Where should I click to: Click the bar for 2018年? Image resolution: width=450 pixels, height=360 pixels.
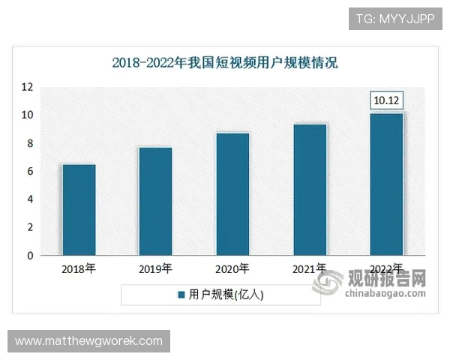tap(79, 210)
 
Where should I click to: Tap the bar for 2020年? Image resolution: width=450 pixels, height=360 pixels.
tap(232, 194)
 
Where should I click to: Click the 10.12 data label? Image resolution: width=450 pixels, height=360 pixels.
tap(387, 100)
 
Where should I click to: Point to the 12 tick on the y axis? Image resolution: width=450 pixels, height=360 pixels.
tap(28, 87)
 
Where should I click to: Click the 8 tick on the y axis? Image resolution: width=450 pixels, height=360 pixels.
tap(30, 143)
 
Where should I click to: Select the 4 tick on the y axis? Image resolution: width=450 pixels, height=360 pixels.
tap(30, 199)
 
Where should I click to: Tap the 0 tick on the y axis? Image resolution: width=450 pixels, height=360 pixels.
tap(30, 256)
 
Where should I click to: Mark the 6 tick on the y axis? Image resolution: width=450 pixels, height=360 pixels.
tap(30, 172)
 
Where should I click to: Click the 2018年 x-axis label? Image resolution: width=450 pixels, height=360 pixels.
tap(79, 268)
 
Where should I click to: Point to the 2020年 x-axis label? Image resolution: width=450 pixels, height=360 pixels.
tap(232, 268)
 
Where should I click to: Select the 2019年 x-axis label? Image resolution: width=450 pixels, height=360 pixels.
tap(155, 268)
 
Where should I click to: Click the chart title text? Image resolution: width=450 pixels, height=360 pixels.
tap(225, 63)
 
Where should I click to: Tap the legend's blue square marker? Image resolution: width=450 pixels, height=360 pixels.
tap(181, 295)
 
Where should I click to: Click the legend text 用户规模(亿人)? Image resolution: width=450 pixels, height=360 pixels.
tap(226, 295)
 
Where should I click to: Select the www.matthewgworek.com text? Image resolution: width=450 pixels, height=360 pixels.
tap(89, 341)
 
